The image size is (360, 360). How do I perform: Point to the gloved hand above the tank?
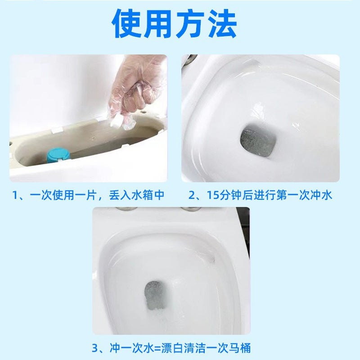[x=138, y=90]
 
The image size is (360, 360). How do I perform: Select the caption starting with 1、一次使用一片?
[x=88, y=195]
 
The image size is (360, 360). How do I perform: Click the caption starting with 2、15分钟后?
[x=260, y=195]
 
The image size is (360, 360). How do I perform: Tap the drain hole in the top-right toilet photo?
[x=256, y=142]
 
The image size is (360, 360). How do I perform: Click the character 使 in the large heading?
[x=128, y=24]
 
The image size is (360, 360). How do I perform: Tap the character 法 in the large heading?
[x=221, y=24]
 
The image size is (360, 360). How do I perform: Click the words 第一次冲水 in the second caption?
[x=310, y=195]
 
